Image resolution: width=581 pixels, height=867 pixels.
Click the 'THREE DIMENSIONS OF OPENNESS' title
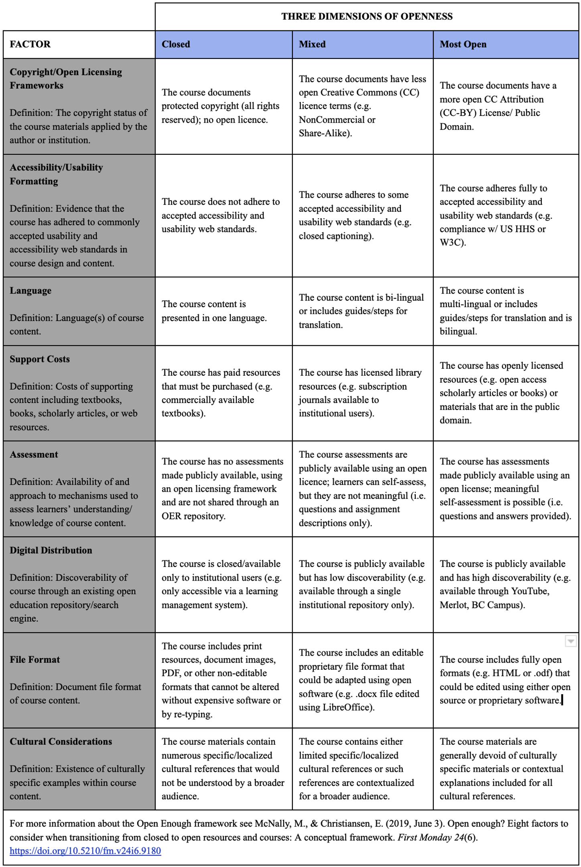pos(366,16)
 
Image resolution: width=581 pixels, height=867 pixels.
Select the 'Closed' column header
pos(176,44)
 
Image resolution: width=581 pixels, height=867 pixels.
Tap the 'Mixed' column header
pos(312,44)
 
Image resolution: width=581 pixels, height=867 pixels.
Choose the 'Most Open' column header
pos(463,44)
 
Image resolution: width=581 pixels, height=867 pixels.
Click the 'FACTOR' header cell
pos(30,44)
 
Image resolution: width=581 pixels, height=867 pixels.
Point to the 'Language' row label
pos(30,290)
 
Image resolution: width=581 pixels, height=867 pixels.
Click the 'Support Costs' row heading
pos(39,359)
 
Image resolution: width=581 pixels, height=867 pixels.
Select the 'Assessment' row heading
pos(34,454)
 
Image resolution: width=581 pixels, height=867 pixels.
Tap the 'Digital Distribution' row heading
pos(51,550)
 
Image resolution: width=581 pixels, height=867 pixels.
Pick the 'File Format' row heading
pos(35,659)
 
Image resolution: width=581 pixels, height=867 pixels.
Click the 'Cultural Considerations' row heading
pos(61,741)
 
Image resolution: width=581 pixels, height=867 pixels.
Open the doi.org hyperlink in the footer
pos(85,851)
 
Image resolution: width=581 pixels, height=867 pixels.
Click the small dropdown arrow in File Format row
pos(570,641)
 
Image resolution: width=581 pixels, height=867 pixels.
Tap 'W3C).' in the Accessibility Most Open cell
pos(453,243)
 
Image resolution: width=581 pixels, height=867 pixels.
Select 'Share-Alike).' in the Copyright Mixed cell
pos(325,133)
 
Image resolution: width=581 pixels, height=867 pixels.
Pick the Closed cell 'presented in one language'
pos(214,318)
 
